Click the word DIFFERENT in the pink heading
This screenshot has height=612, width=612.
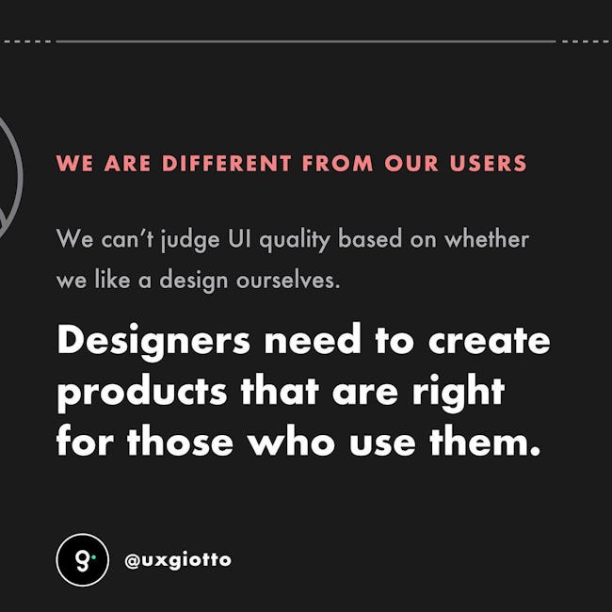(226, 163)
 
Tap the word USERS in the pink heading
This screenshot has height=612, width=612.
(488, 163)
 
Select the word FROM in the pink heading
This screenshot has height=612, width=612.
(338, 163)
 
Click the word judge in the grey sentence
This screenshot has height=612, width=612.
(190, 239)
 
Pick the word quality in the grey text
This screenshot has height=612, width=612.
(295, 239)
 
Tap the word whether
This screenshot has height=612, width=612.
(487, 238)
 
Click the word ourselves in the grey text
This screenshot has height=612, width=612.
(288, 280)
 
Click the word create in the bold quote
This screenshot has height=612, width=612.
(489, 340)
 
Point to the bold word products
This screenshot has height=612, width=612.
(142, 393)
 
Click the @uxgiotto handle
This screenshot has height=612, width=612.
(178, 560)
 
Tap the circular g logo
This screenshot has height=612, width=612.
(82, 559)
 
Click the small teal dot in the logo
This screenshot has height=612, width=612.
(93, 557)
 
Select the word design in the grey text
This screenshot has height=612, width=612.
(193, 281)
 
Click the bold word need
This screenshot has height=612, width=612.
(313, 339)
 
